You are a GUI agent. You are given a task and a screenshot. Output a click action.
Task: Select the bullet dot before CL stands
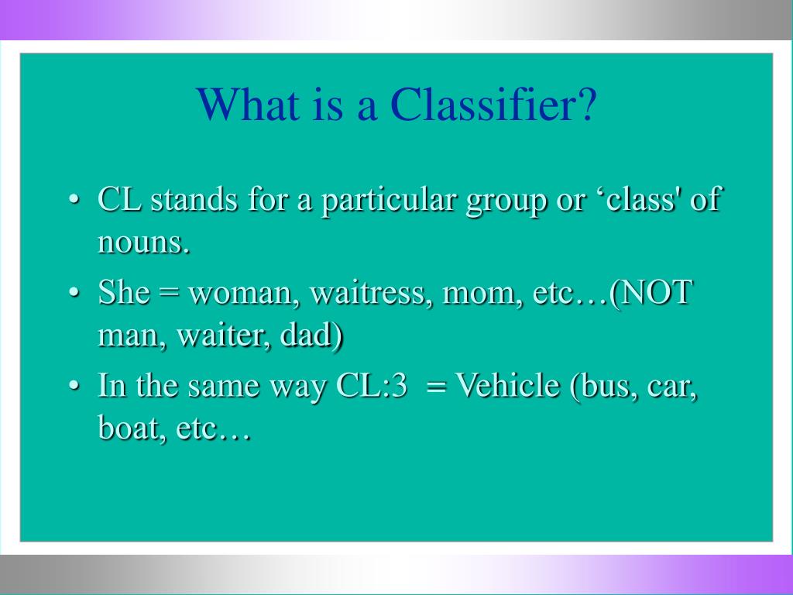point(74,201)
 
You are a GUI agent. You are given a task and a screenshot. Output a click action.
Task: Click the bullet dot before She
point(74,295)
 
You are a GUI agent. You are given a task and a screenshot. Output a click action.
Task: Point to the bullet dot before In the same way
point(74,387)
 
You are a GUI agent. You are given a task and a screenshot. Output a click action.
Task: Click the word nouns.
point(143,244)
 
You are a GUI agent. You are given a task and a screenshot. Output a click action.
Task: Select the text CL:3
point(372,386)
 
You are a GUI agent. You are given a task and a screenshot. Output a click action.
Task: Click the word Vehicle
point(508,386)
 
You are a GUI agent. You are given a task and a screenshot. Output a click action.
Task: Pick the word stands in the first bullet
point(195,201)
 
